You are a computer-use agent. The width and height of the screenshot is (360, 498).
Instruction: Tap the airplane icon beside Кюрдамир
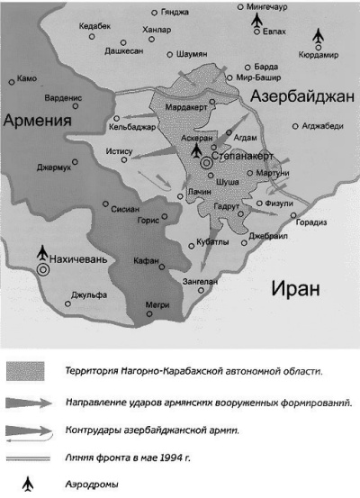(317, 37)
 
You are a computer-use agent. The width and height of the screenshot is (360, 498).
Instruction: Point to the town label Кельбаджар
(127, 126)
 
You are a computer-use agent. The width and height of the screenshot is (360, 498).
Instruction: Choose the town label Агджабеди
(323, 125)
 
